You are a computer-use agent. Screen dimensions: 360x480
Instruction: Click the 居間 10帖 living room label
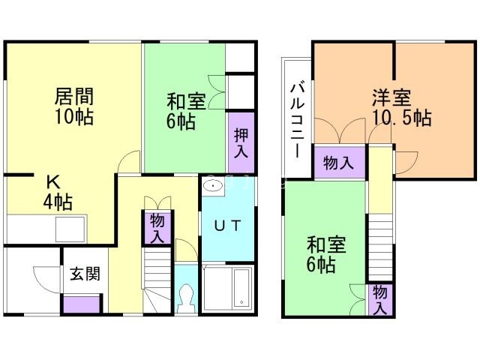pyautogui.click(x=73, y=106)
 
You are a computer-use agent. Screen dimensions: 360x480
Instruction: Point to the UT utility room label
pyautogui.click(x=228, y=227)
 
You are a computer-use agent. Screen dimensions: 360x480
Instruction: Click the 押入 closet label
pyautogui.click(x=241, y=142)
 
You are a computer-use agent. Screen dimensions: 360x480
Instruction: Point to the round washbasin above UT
pyautogui.click(x=211, y=185)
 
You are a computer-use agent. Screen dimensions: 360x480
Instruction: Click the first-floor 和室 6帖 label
pyautogui.click(x=181, y=109)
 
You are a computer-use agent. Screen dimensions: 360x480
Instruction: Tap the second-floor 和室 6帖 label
pyautogui.click(x=320, y=254)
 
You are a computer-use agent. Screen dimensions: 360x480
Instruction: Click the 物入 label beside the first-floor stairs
pyautogui.click(x=157, y=228)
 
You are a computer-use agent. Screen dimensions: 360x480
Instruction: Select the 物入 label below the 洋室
pyautogui.click(x=339, y=163)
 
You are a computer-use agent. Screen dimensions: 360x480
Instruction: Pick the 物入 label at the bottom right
pyautogui.click(x=380, y=298)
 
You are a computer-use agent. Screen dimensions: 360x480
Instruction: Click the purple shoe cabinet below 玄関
pyautogui.click(x=81, y=304)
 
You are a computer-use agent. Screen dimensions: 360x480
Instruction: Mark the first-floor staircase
pyautogui.click(x=158, y=281)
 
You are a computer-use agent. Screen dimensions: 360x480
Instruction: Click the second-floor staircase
pyautogui.click(x=381, y=237)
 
